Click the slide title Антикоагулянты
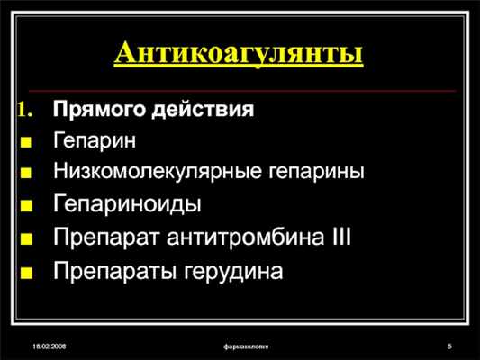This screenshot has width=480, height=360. point(240,51)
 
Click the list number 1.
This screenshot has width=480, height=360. point(24,112)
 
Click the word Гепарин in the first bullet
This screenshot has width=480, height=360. point(95,141)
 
